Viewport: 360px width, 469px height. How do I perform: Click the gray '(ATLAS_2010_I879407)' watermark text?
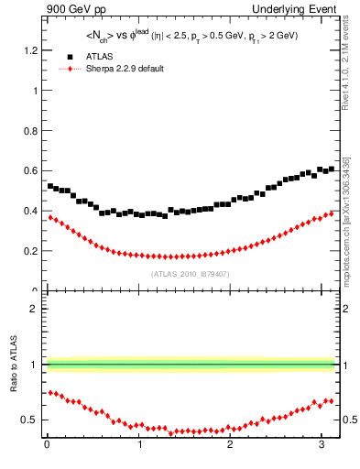[x=190, y=274]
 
